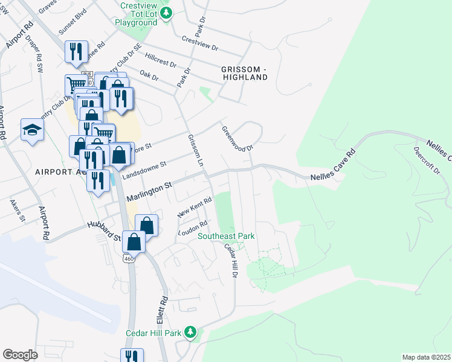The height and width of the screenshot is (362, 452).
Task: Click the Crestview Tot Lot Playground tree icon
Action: pos(169,13)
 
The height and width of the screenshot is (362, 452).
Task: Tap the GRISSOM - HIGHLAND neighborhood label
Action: pos(244,73)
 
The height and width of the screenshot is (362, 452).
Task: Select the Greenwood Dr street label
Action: pos(236,138)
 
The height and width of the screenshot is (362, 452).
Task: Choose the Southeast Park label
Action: pos(227,236)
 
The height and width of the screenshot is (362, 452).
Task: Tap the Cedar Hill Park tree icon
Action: pos(190,332)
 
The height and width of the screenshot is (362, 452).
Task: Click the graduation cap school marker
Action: pos(32,130)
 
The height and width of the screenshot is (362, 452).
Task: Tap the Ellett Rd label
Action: pos(164,308)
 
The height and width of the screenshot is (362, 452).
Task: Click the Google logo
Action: pos(20,354)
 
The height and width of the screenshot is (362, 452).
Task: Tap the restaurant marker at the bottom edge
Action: pos(132,357)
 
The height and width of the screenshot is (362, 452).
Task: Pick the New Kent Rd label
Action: pos(195,208)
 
